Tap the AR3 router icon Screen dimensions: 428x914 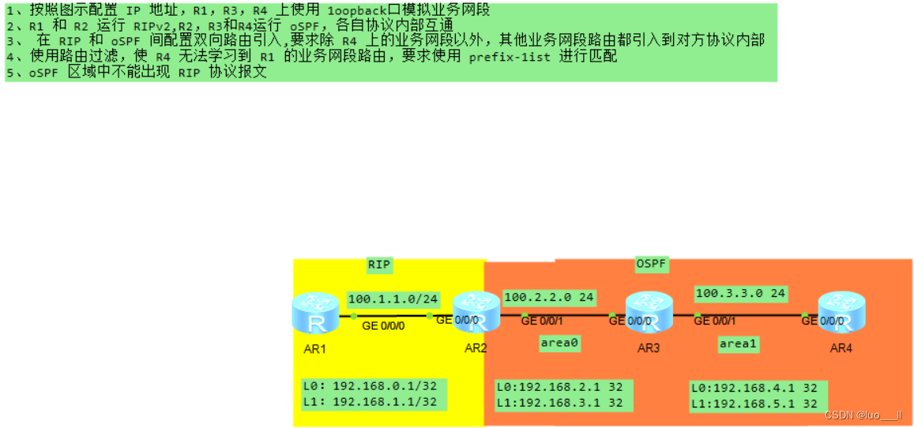pos(648,312)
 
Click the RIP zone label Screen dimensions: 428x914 pos(379,265)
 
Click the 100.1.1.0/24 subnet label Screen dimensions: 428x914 pos(393,299)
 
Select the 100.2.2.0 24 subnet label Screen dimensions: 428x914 pos(549,298)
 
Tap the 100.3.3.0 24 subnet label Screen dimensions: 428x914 pos(740,294)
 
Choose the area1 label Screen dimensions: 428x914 pos(739,344)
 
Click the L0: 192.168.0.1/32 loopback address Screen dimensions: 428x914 pos(370,387)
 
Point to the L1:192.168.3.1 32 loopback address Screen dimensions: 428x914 pos(559,403)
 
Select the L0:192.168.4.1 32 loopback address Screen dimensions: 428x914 pos(754,389)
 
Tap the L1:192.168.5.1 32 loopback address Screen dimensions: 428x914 pos(754,404)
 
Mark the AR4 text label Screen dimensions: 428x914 pos(841,348)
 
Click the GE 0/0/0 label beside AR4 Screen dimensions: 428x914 pos(822,321)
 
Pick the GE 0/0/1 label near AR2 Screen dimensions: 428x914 pos(542,321)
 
